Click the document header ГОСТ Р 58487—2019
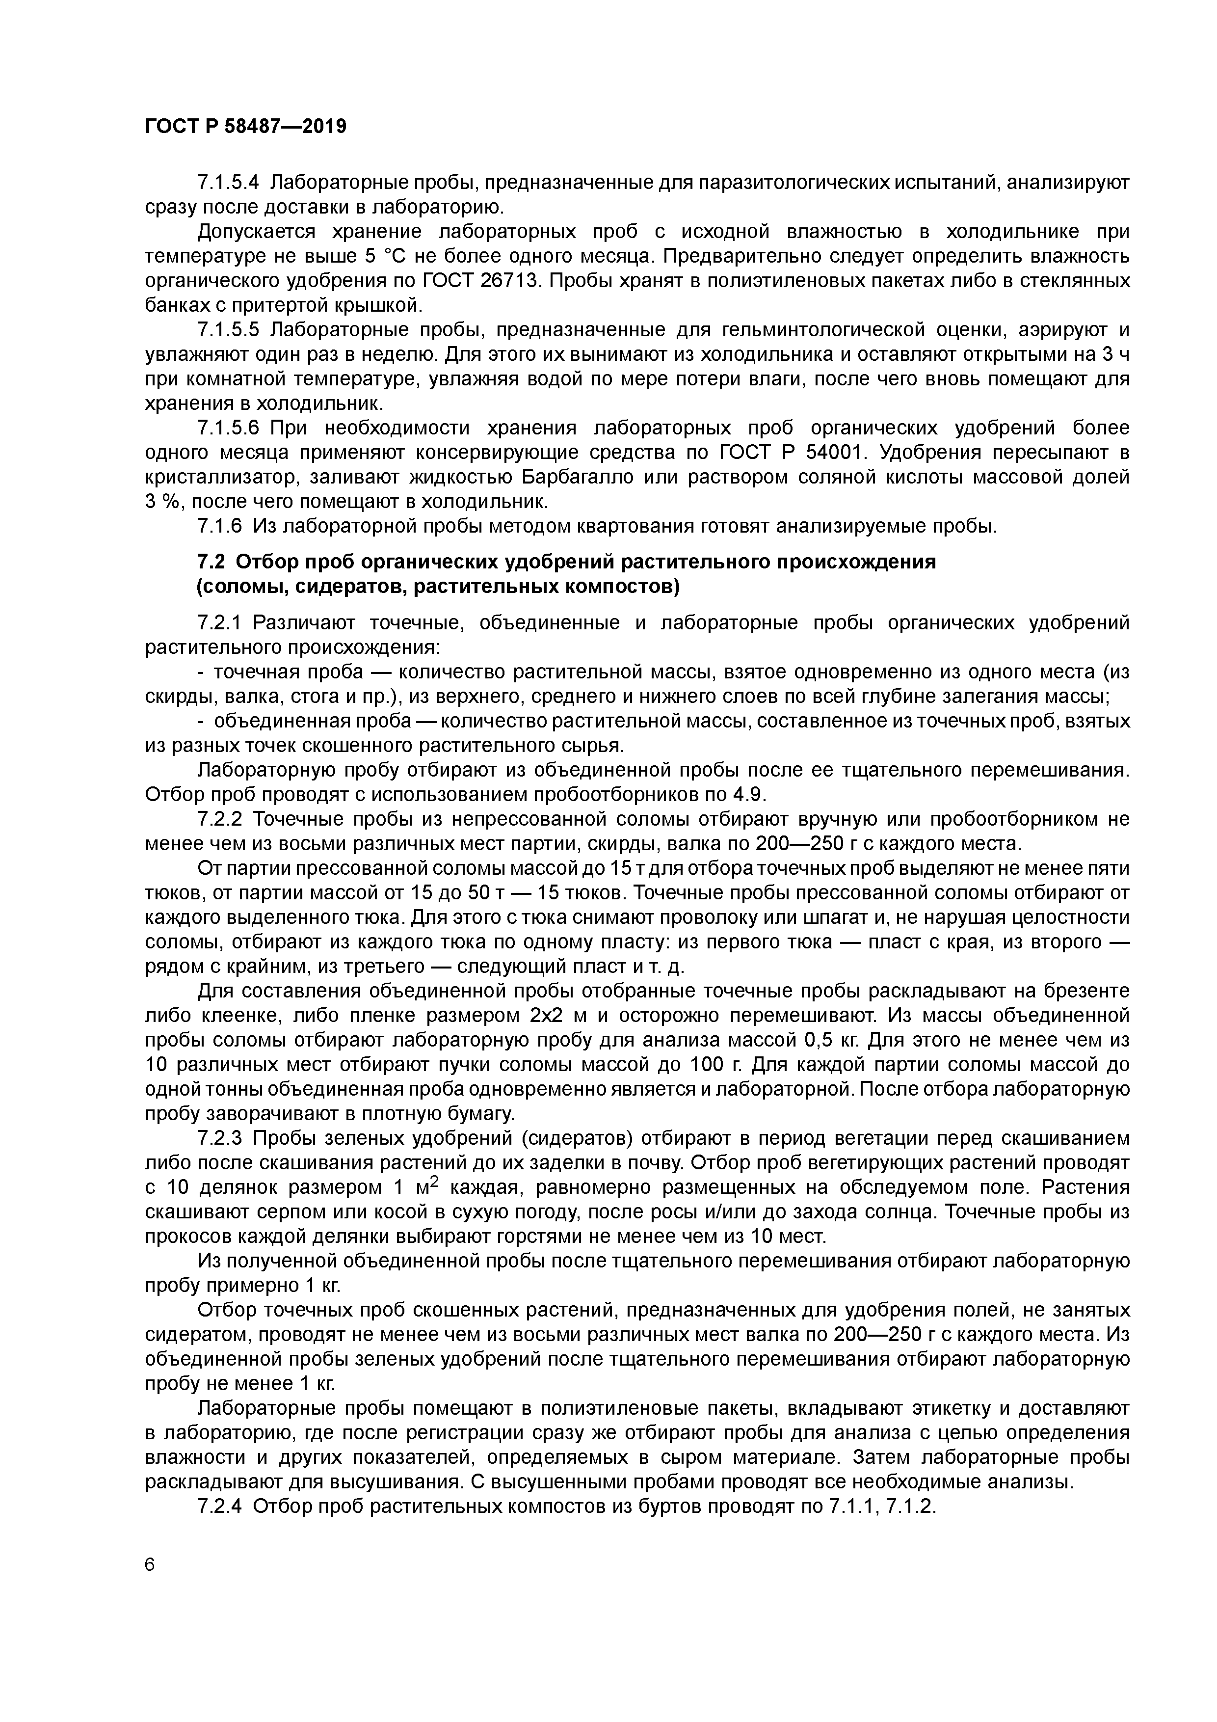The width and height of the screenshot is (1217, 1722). coord(245,127)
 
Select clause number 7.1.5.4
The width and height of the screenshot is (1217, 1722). coord(228,182)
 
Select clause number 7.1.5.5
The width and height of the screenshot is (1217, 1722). coord(228,330)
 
